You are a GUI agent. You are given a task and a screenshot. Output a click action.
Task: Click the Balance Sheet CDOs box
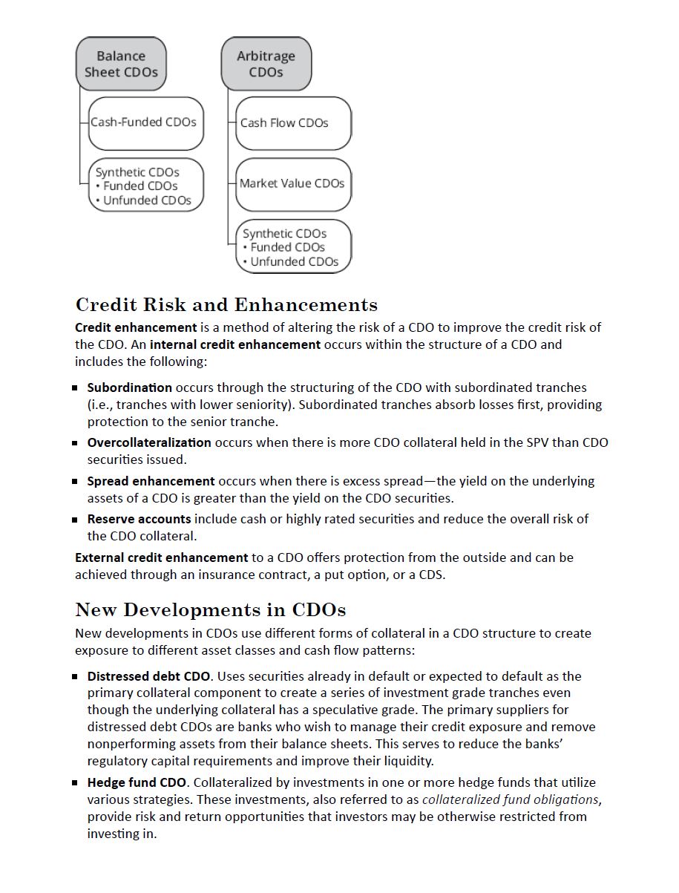click(121, 64)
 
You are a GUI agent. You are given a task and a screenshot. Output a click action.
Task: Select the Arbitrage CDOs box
click(266, 64)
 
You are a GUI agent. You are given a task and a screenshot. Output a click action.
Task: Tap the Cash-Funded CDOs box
click(145, 122)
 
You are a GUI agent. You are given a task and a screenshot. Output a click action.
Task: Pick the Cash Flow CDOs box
click(292, 123)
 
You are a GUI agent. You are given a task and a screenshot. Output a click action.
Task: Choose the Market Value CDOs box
click(292, 184)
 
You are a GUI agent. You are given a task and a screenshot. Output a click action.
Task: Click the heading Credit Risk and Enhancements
click(226, 305)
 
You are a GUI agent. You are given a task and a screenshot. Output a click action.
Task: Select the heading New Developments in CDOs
click(210, 610)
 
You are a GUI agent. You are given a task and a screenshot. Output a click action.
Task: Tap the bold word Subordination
click(129, 387)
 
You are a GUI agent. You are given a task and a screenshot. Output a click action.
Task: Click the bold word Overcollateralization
click(148, 442)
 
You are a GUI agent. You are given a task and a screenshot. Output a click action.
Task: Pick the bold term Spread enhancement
click(151, 481)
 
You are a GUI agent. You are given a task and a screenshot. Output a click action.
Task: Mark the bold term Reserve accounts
click(139, 519)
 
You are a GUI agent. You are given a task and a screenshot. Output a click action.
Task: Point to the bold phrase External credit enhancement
click(161, 557)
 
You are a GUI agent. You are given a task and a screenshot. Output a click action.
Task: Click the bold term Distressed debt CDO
click(149, 676)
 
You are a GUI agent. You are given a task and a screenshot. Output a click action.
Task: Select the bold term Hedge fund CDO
click(137, 782)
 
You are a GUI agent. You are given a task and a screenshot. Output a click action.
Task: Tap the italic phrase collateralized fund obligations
click(511, 799)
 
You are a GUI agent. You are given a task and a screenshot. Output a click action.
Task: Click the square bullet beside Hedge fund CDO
click(75, 782)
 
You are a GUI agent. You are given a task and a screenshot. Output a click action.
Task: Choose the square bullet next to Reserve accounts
click(75, 520)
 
